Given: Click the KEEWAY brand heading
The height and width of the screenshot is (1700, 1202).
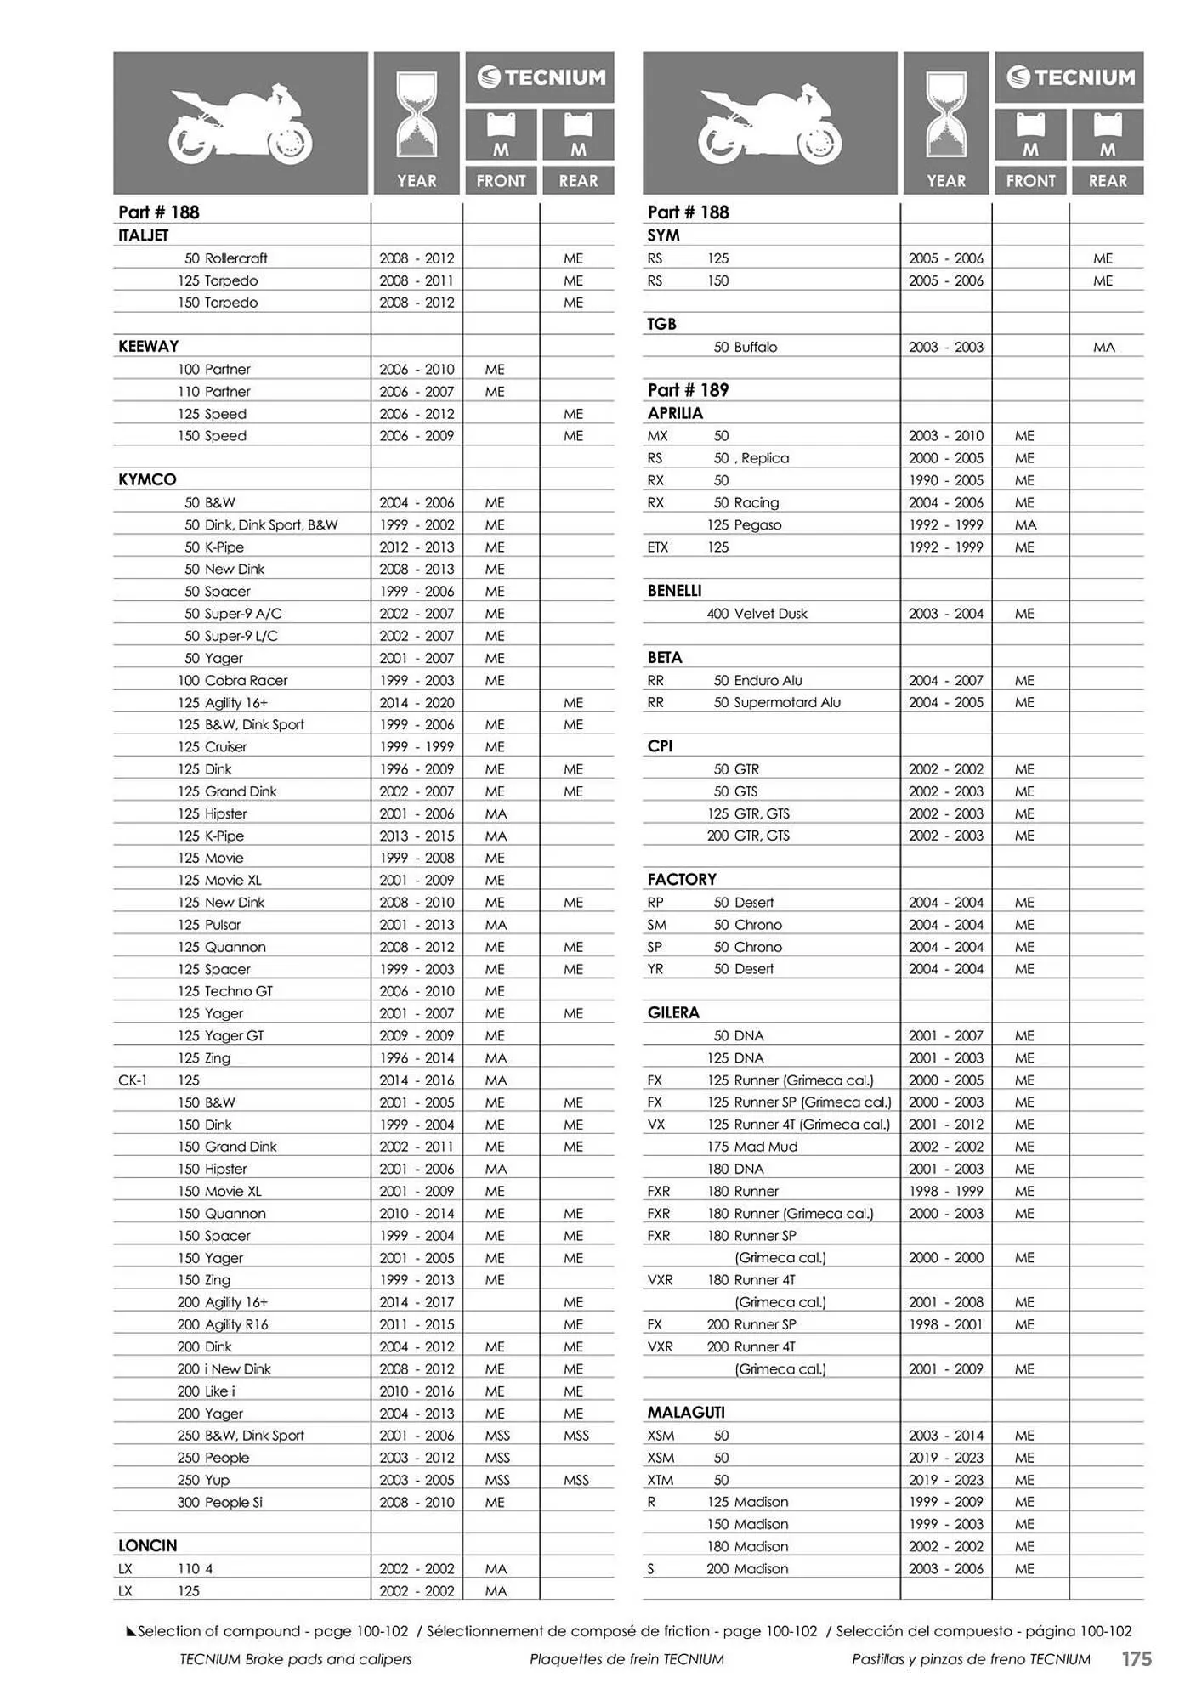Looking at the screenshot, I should click(x=148, y=347).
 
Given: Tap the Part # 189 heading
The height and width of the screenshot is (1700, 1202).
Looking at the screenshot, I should click(x=688, y=390).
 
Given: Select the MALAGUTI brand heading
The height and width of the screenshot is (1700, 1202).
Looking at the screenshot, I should click(x=686, y=1413).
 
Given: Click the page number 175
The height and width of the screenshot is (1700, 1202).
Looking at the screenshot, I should click(x=1136, y=1658).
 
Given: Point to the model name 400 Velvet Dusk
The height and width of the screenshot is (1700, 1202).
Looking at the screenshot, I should click(x=757, y=614).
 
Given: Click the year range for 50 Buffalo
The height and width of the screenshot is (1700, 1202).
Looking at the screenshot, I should click(x=945, y=347).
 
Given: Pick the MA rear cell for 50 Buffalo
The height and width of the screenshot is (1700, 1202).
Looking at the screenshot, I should click(x=1103, y=347).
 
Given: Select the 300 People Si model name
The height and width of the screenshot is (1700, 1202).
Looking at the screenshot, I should click(x=219, y=1502).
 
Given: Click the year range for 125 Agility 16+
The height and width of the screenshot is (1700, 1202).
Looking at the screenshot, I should click(x=417, y=703).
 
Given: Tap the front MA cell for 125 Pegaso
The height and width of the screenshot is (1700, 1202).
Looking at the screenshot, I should click(x=1025, y=525).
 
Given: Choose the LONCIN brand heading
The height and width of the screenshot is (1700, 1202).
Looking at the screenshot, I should click(x=148, y=1546).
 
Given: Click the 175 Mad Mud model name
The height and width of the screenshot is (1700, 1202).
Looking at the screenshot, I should click(x=752, y=1147).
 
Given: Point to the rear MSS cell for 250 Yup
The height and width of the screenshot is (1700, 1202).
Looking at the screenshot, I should click(x=575, y=1480).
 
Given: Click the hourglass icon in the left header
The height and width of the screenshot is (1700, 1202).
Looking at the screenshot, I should click(x=417, y=115).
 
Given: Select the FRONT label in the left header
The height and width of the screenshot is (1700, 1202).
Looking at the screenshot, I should click(x=501, y=181).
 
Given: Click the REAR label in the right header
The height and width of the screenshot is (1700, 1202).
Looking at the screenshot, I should click(x=1108, y=181).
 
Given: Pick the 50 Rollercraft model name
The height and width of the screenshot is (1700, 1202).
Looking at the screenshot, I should click(x=225, y=258).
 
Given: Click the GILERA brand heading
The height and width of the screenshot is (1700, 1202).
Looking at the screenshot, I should click(x=673, y=1013).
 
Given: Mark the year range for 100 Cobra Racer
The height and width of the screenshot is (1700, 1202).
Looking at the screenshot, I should click(x=417, y=681).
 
